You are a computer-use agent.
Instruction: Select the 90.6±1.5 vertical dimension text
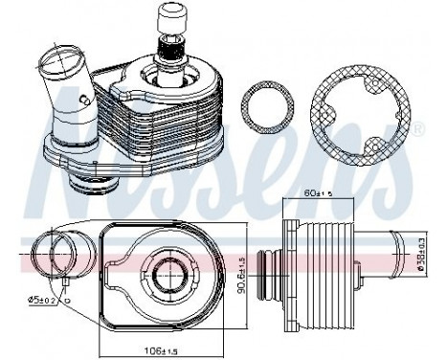click(x=243, y=272)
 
